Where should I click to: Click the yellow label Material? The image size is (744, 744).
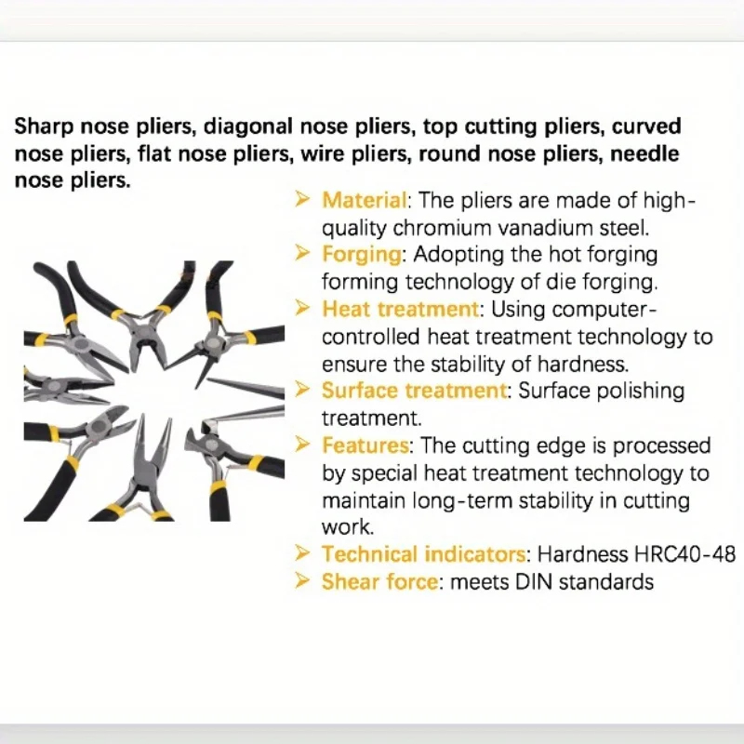pyautogui.click(x=364, y=200)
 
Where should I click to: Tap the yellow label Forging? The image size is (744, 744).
pyautogui.click(x=362, y=255)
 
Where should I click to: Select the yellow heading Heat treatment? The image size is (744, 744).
pyautogui.click(x=401, y=310)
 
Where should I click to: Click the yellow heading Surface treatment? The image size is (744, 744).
pyautogui.click(x=414, y=391)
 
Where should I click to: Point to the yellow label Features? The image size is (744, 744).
pyautogui.click(x=365, y=445)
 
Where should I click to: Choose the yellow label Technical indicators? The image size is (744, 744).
pyautogui.click(x=423, y=554)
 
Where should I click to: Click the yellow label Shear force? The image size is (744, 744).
pyautogui.click(x=379, y=582)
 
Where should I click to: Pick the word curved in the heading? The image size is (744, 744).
pyautogui.click(x=646, y=126)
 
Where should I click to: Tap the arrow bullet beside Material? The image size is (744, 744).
pyautogui.click(x=301, y=200)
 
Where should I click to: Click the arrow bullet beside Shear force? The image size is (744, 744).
pyautogui.click(x=301, y=580)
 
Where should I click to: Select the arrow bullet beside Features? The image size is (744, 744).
pyautogui.click(x=301, y=445)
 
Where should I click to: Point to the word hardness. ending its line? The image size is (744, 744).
pyautogui.click(x=583, y=364)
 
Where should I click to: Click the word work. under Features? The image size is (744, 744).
pyautogui.click(x=348, y=527)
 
